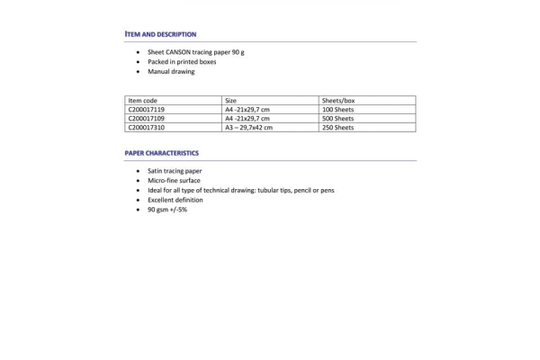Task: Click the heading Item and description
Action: point(160,34)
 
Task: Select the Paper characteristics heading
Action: point(162,153)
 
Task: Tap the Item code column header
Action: point(143,101)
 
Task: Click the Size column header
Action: point(231,101)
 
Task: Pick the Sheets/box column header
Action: point(338,101)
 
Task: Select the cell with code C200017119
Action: point(147,110)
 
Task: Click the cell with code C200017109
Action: point(147,119)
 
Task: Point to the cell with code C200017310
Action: point(147,128)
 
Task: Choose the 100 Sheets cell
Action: point(337,110)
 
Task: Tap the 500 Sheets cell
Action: point(337,119)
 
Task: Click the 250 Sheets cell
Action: point(337,128)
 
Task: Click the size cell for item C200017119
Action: point(247,110)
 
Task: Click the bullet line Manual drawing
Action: point(171,72)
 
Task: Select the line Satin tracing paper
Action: point(175,171)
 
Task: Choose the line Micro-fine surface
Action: point(174,181)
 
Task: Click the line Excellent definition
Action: point(175,200)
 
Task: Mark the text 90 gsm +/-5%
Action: point(167,210)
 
